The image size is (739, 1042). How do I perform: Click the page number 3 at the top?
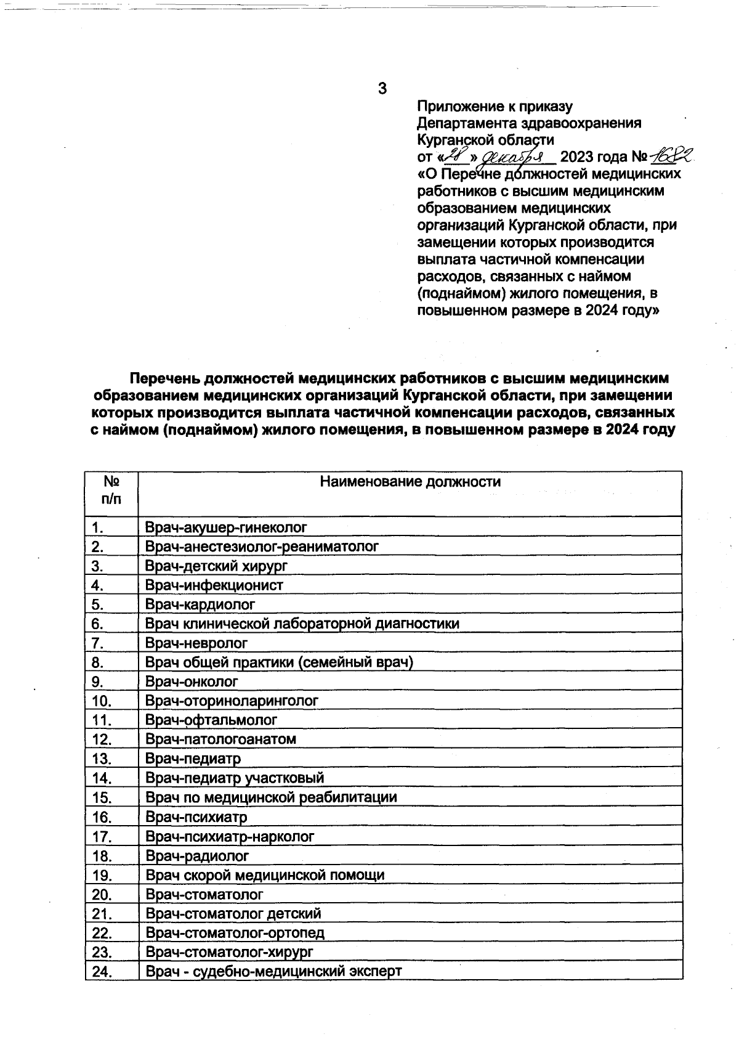(382, 89)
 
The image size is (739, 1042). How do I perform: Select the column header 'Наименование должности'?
(410, 482)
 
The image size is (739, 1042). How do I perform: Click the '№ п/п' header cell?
(111, 490)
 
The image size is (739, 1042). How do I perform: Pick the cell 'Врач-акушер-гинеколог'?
(226, 527)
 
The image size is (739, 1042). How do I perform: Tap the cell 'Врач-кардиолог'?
(200, 604)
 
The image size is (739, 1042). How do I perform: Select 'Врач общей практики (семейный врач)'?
(279, 662)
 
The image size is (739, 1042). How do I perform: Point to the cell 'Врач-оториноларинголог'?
(232, 701)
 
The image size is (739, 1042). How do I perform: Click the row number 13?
(101, 759)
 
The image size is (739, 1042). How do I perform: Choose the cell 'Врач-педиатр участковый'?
(235, 778)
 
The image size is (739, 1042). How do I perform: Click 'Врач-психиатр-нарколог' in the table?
(230, 836)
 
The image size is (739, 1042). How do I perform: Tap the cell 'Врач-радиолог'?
(197, 856)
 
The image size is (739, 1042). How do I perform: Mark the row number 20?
(101, 894)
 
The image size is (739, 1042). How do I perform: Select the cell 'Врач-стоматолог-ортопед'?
(235, 933)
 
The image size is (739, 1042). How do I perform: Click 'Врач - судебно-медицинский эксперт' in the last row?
(273, 972)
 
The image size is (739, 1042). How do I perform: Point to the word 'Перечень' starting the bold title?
(164, 377)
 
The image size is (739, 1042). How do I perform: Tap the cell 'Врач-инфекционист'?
(214, 585)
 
